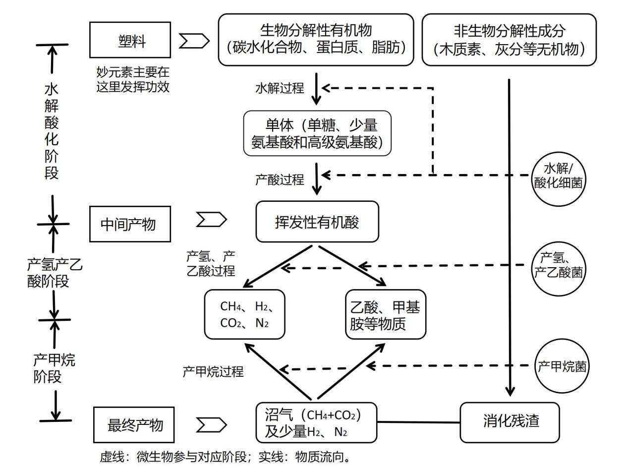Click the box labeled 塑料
(x=130, y=40)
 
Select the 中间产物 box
(x=130, y=224)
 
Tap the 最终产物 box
(x=134, y=425)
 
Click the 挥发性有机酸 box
(x=317, y=222)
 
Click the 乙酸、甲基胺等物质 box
(x=385, y=314)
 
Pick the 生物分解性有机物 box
(x=316, y=40)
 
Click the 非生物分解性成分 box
(x=509, y=40)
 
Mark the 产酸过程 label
(x=280, y=179)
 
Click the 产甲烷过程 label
(x=213, y=371)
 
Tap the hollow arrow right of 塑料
(x=194, y=42)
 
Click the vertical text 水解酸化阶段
(x=52, y=131)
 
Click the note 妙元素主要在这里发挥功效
(x=133, y=79)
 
